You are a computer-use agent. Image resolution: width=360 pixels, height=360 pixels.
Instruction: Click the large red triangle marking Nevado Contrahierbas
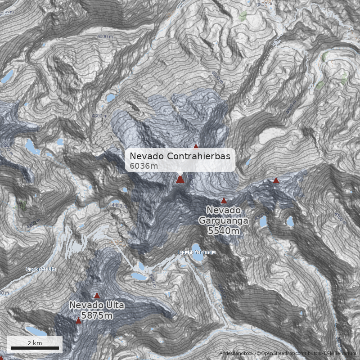[x=180, y=180]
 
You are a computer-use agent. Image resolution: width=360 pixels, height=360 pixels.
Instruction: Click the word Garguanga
[x=223, y=220]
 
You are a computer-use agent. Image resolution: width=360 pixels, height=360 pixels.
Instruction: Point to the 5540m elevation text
[x=223, y=230]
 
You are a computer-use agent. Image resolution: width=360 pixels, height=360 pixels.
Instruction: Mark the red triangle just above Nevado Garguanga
[x=224, y=200]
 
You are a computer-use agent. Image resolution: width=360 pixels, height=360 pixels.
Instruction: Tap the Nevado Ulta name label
[x=97, y=306]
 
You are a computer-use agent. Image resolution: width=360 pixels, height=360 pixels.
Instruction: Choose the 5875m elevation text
[x=97, y=315]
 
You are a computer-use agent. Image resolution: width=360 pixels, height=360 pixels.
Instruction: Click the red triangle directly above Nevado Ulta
[x=97, y=296]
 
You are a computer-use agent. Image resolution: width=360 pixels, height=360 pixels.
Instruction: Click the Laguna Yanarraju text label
[x=196, y=252]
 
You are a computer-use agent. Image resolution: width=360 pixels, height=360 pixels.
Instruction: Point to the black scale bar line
[x=35, y=348]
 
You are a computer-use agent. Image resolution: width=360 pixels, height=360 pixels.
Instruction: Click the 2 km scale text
[x=35, y=343]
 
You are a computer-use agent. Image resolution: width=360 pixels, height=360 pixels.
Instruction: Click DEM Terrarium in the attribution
[x=341, y=354]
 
